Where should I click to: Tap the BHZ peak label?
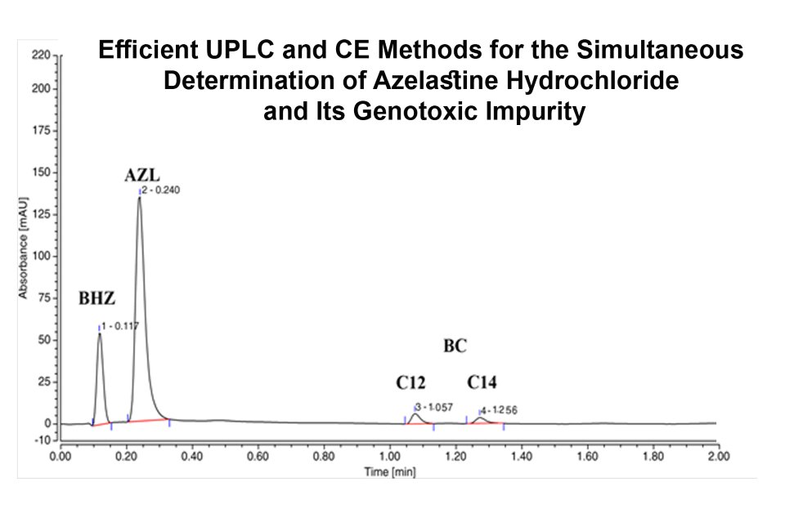click(96, 298)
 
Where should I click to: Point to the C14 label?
click(482, 382)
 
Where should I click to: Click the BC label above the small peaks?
click(455, 346)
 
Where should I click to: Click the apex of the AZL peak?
click(139, 197)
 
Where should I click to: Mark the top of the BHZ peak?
click(100, 333)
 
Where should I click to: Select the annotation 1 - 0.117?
click(120, 325)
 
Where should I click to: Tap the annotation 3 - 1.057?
click(434, 406)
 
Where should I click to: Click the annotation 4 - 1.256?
click(498, 410)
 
